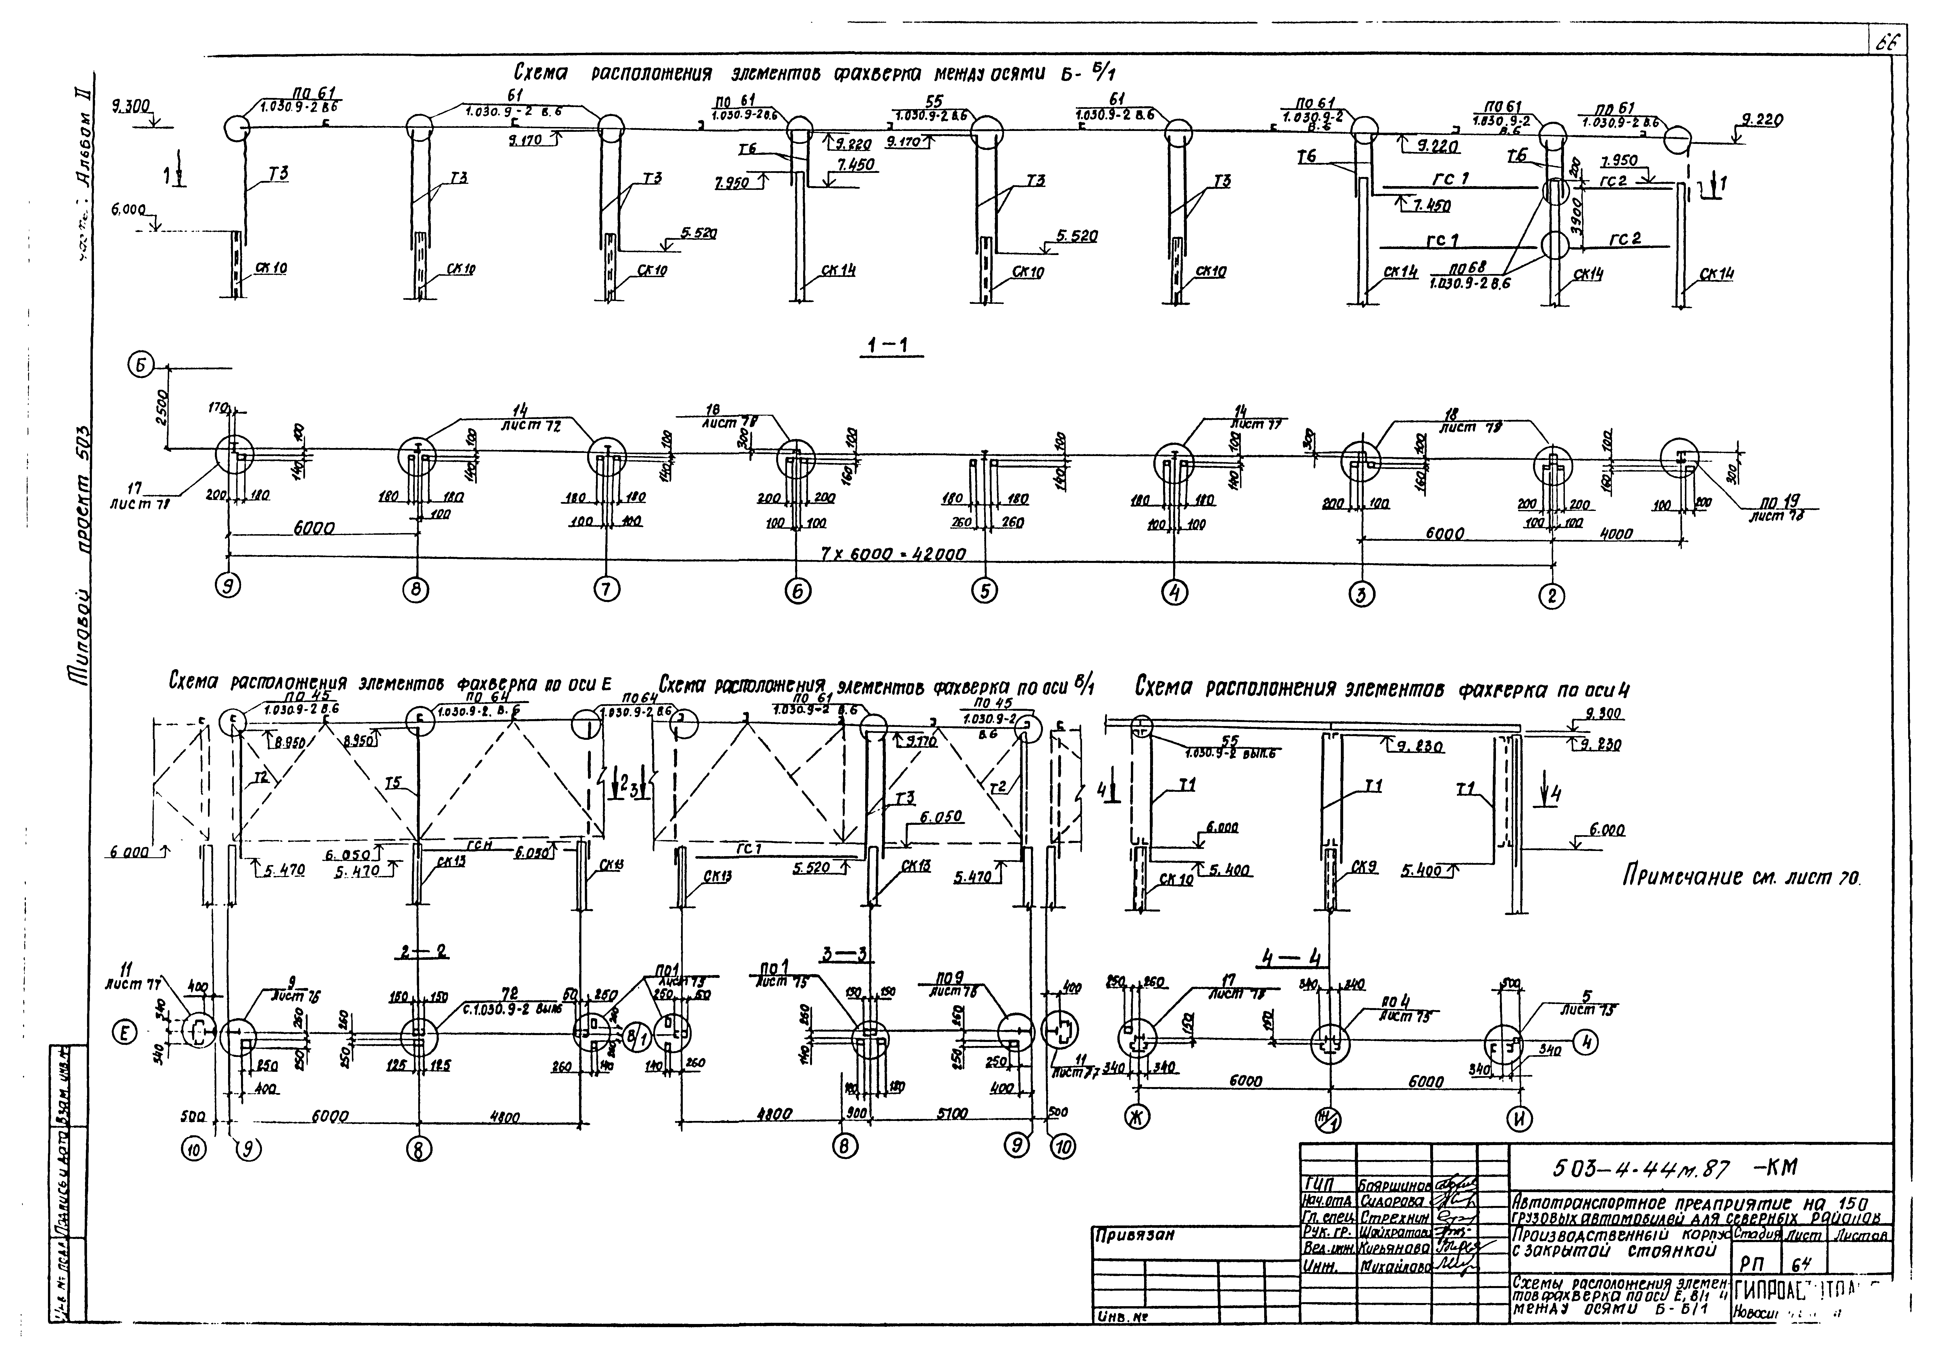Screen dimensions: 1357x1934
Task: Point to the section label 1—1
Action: point(891,345)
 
